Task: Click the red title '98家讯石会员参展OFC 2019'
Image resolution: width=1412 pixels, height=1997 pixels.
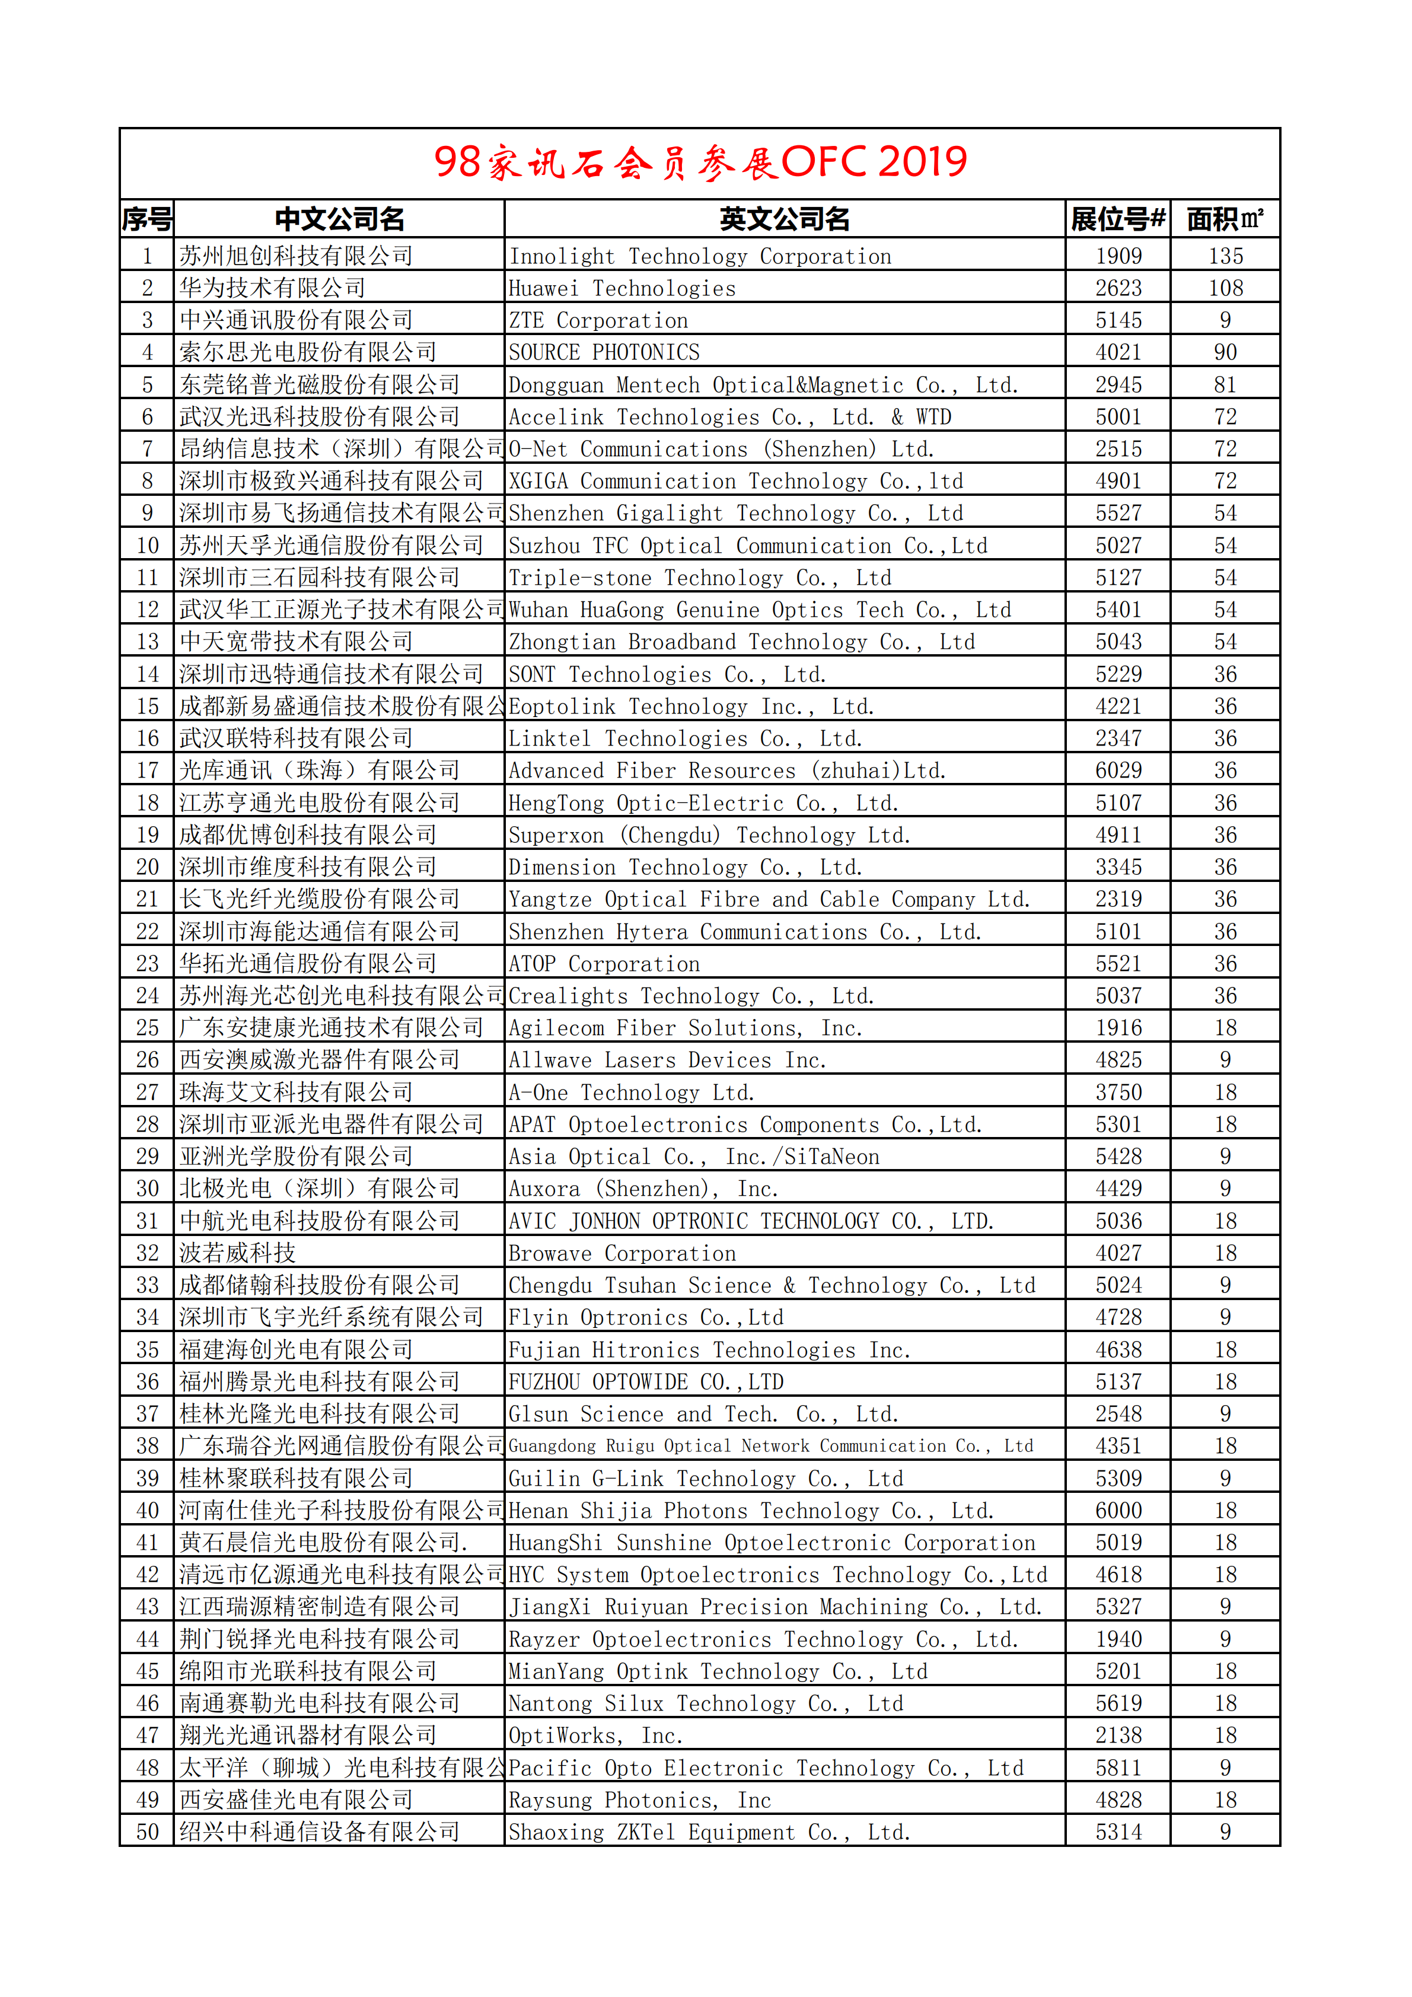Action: pos(700,163)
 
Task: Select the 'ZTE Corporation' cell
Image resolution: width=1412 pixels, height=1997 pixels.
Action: pos(598,321)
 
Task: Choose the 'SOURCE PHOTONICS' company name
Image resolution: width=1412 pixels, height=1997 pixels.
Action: pos(604,353)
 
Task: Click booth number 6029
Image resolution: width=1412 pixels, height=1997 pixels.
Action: pos(1118,770)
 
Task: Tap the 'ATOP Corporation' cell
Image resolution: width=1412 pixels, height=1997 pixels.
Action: pos(604,964)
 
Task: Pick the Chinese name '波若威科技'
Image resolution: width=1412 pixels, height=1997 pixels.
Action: pos(237,1253)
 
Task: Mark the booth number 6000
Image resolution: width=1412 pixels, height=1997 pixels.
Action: pos(1118,1511)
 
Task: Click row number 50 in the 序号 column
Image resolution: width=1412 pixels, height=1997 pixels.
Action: pos(147,1832)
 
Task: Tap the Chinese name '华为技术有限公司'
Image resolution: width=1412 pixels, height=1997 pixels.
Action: pos(272,288)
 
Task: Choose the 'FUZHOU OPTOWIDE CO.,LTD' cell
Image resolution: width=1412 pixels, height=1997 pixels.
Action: pos(646,1382)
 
